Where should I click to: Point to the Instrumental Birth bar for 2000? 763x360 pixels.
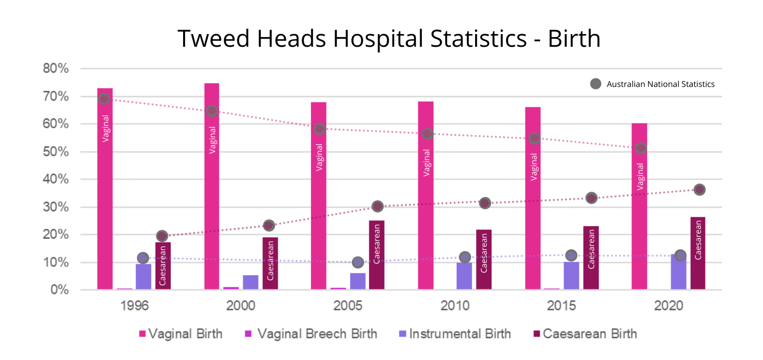pyautogui.click(x=250, y=283)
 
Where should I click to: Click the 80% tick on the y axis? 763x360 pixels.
pyautogui.click(x=55, y=69)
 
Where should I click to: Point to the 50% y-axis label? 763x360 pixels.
pyautogui.click(x=55, y=152)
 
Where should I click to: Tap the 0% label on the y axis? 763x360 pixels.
pyautogui.click(x=59, y=290)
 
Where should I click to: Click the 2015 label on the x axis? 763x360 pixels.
pyautogui.click(x=561, y=306)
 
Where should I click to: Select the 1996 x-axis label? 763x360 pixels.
pyautogui.click(x=134, y=306)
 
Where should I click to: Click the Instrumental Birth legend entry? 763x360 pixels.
pyautogui.click(x=454, y=334)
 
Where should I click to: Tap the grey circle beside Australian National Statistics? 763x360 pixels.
pyautogui.click(x=595, y=84)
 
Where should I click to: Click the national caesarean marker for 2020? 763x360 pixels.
pyautogui.click(x=699, y=190)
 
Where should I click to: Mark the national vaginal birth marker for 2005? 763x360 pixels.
pyautogui.click(x=319, y=129)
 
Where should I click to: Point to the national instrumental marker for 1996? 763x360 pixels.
pyautogui.click(x=143, y=258)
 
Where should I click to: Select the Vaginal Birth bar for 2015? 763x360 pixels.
pyautogui.click(x=533, y=198)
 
